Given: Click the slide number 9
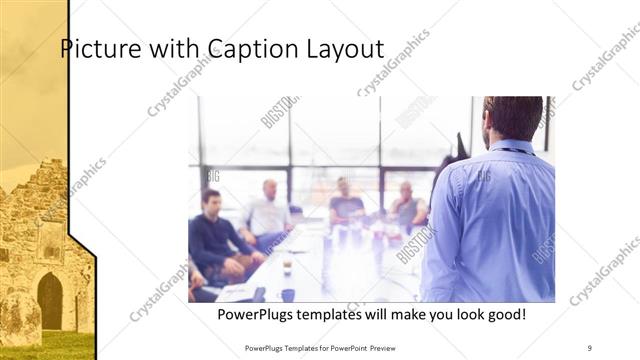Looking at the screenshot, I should [x=590, y=347].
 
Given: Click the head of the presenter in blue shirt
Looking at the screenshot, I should [x=512, y=117].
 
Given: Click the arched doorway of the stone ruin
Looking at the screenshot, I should [x=49, y=300].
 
